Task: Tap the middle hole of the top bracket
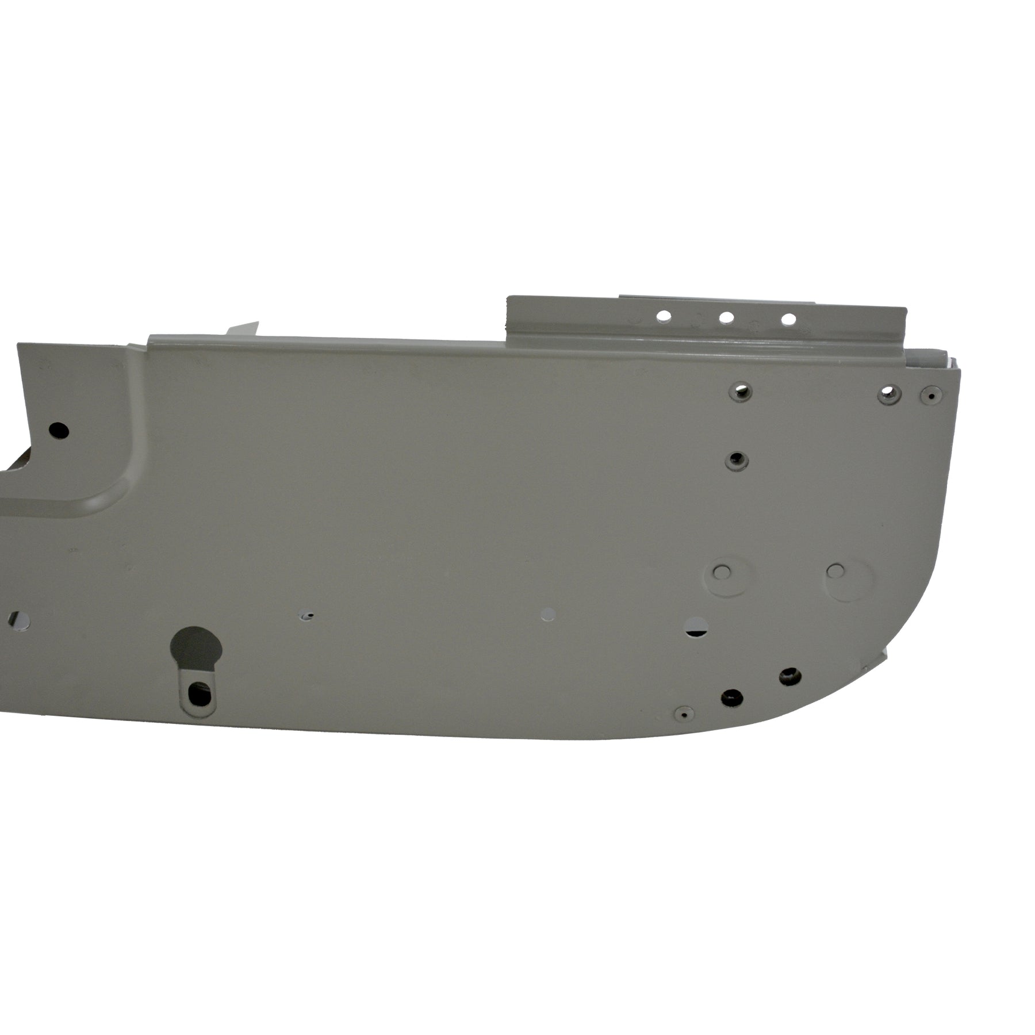[x=726, y=317]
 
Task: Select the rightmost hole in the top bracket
[x=789, y=318]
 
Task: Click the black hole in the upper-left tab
[x=59, y=430]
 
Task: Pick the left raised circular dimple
[x=721, y=571]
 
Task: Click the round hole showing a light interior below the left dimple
[x=697, y=626]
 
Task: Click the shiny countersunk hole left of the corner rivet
[x=888, y=393]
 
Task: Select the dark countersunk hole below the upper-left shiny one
[x=735, y=460]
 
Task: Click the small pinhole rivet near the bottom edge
[x=683, y=714]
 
